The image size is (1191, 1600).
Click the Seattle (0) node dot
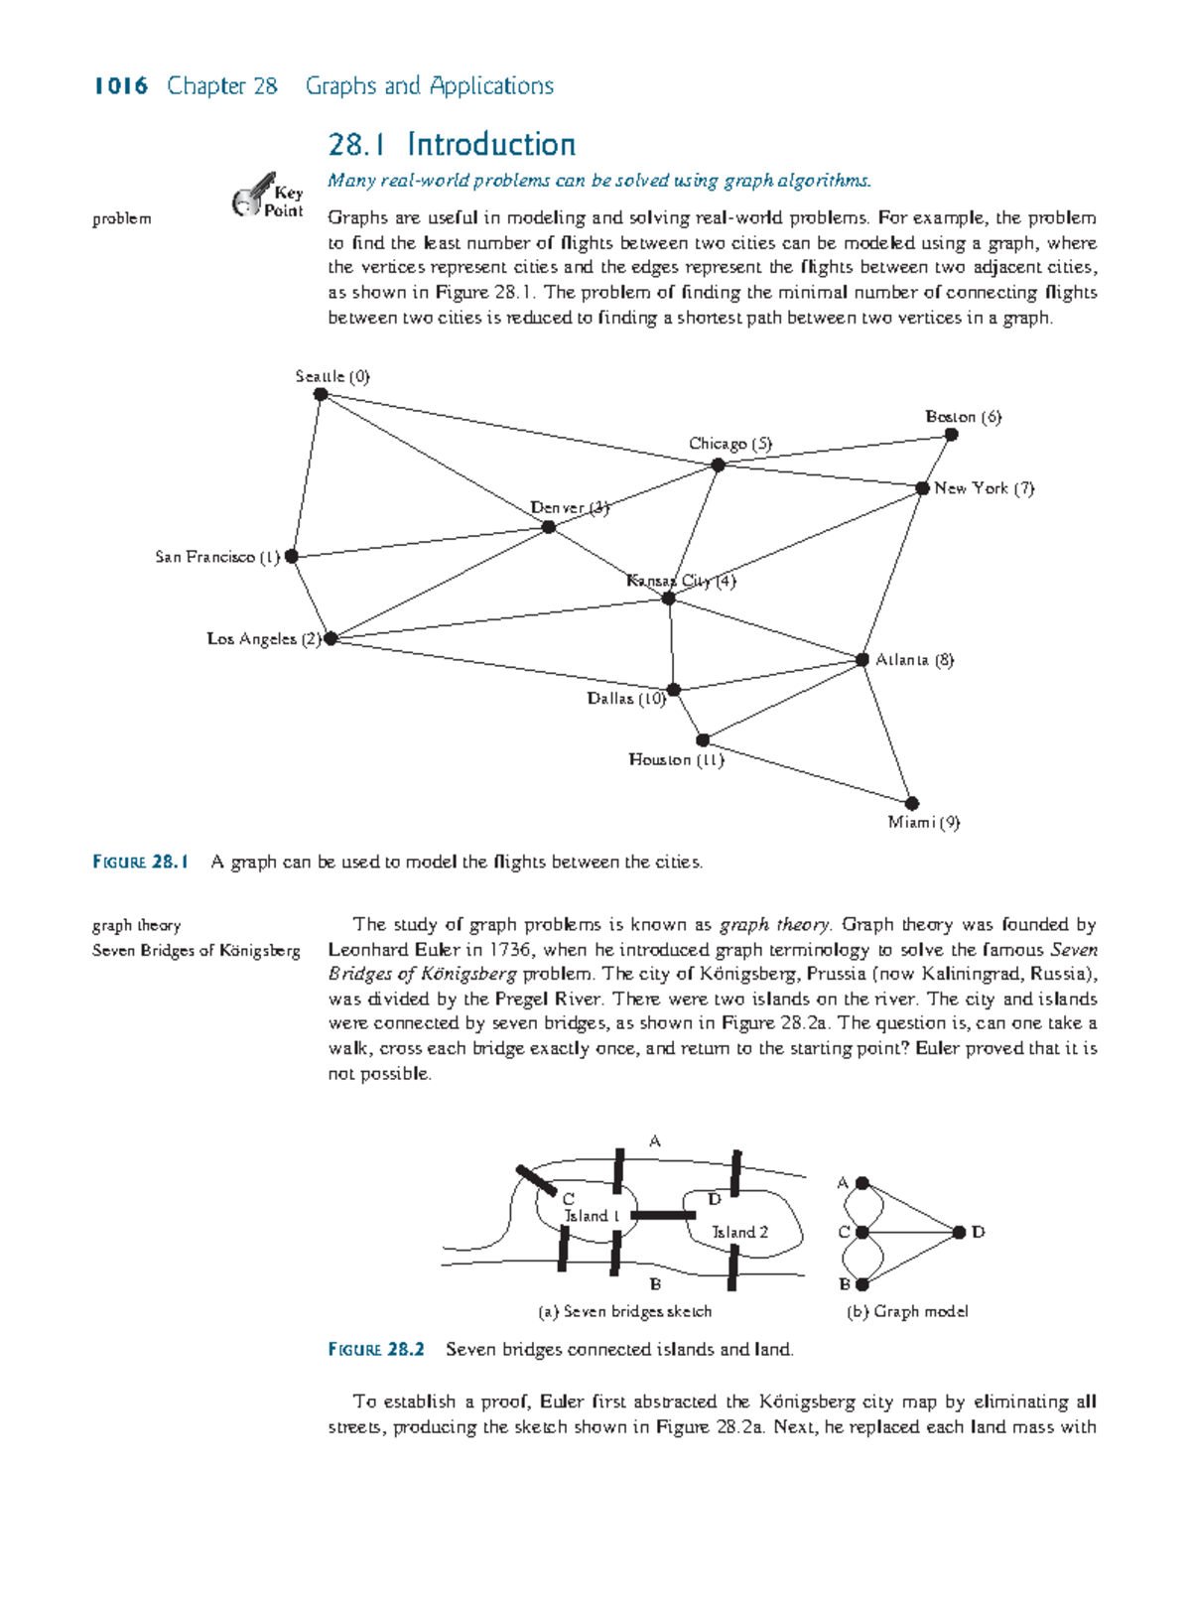pyautogui.click(x=321, y=394)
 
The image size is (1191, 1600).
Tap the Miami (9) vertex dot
pyautogui.click(x=912, y=803)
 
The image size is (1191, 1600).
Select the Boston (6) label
pyautogui.click(x=963, y=417)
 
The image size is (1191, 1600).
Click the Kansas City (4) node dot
pyautogui.click(x=669, y=599)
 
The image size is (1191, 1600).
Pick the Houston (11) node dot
pyautogui.click(x=703, y=739)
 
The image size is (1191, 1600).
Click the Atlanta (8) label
pyautogui.click(x=914, y=660)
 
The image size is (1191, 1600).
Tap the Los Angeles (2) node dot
pyautogui.click(x=331, y=638)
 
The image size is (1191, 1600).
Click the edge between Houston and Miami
pyautogui.click(x=807, y=771)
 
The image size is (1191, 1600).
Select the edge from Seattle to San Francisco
pyautogui.click(x=306, y=475)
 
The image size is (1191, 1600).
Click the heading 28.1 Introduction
pyautogui.click(x=452, y=145)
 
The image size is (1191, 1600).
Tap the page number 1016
pyautogui.click(x=120, y=86)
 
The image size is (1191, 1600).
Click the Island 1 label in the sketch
pyautogui.click(x=592, y=1216)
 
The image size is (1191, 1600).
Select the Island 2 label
pyautogui.click(x=739, y=1232)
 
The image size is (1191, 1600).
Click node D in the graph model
pyautogui.click(x=959, y=1232)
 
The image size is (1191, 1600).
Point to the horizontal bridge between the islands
pyautogui.click(x=663, y=1215)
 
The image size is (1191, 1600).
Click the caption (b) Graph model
pyautogui.click(x=906, y=1311)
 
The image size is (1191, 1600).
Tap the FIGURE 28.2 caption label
pyautogui.click(x=376, y=1349)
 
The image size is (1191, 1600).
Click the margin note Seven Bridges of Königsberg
pyautogui.click(x=196, y=950)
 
